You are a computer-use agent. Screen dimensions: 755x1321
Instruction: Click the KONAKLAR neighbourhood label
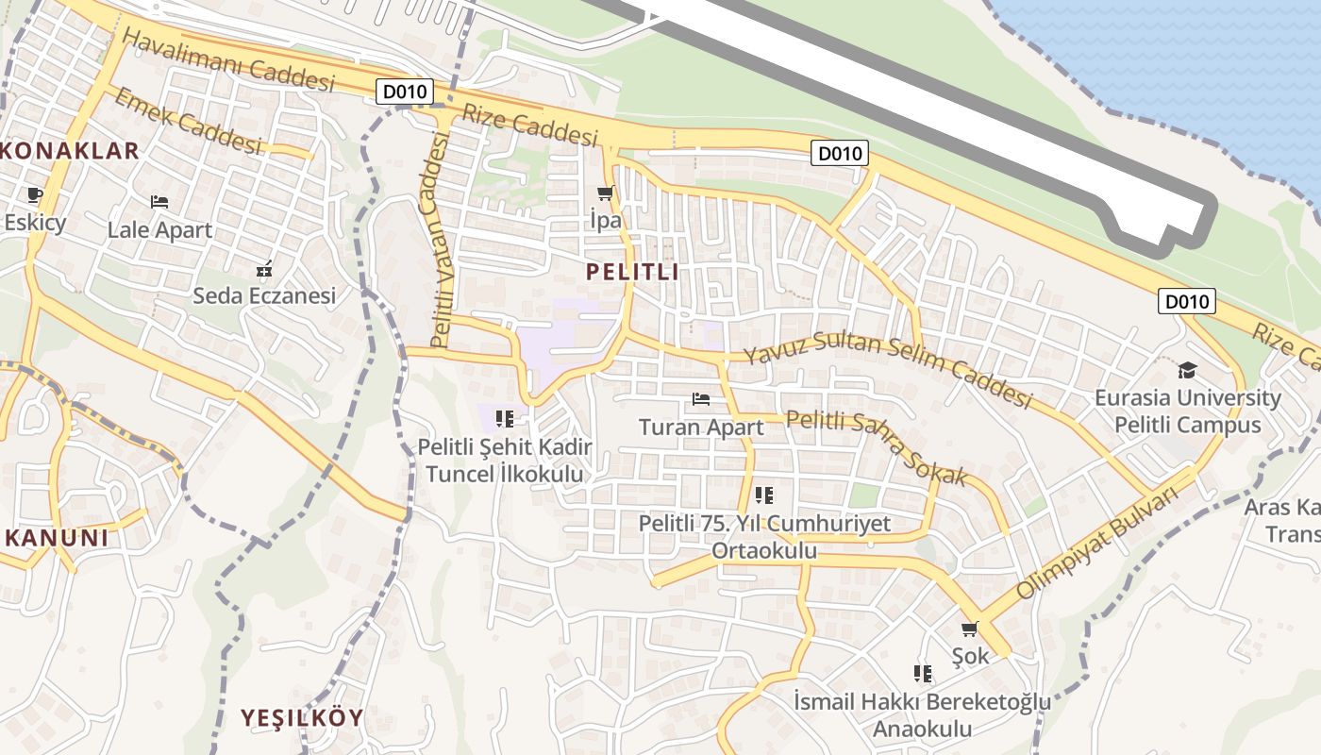pyautogui.click(x=72, y=150)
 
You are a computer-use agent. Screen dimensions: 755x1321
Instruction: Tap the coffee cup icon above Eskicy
pyautogui.click(x=35, y=195)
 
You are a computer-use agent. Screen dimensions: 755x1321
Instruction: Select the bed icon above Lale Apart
pyautogui.click(x=159, y=202)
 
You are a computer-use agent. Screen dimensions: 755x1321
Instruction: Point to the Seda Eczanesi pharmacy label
pyautogui.click(x=264, y=295)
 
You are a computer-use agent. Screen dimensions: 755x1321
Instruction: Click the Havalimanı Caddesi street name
pyautogui.click(x=228, y=59)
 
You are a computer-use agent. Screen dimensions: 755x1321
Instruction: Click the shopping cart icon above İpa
pyautogui.click(x=605, y=193)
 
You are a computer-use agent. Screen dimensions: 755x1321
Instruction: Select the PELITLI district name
pyautogui.click(x=632, y=273)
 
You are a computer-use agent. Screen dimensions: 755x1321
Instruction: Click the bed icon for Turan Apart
pyautogui.click(x=701, y=399)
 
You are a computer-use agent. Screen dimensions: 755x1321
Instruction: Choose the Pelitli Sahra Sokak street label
pyautogui.click(x=877, y=447)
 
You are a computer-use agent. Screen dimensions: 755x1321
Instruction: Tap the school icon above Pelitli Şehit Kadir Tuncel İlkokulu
pyautogui.click(x=504, y=418)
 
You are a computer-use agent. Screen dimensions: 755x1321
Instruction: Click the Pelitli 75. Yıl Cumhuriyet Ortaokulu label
pyautogui.click(x=764, y=536)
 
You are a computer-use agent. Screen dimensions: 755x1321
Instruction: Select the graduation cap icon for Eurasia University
pyautogui.click(x=1187, y=370)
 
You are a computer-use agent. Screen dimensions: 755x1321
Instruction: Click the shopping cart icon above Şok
pyautogui.click(x=969, y=629)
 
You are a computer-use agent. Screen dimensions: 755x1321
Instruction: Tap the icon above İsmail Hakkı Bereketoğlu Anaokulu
pyautogui.click(x=922, y=674)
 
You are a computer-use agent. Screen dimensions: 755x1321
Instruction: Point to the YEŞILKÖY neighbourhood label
pyautogui.click(x=302, y=717)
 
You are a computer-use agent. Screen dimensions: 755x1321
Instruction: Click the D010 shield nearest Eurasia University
pyautogui.click(x=1186, y=302)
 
